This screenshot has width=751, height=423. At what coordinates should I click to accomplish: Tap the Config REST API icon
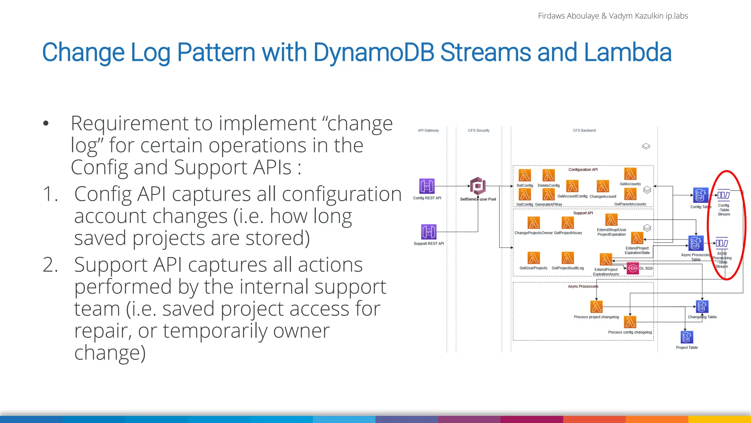426,186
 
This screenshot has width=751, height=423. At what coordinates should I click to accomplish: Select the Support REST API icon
429,232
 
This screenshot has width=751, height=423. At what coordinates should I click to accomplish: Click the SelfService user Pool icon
478,186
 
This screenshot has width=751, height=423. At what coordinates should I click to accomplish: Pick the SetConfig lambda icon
524,176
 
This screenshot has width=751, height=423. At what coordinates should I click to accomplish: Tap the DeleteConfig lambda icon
549,176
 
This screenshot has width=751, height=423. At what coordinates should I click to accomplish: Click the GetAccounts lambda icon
630,174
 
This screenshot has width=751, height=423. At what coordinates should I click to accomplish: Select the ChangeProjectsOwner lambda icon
534,223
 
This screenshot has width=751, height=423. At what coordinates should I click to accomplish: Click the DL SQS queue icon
633,268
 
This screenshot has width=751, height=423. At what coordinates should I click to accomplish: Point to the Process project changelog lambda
596,307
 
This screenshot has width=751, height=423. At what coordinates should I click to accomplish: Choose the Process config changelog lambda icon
630,322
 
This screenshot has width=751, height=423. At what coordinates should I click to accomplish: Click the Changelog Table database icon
702,307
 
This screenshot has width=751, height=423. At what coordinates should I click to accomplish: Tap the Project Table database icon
686,337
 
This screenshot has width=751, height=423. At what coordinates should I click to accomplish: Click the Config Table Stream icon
723,195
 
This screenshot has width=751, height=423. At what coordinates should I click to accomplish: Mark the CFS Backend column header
584,130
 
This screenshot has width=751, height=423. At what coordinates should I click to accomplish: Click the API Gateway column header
428,130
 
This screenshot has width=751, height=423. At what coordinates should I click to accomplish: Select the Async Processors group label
583,286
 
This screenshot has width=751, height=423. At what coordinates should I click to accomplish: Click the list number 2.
50,265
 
